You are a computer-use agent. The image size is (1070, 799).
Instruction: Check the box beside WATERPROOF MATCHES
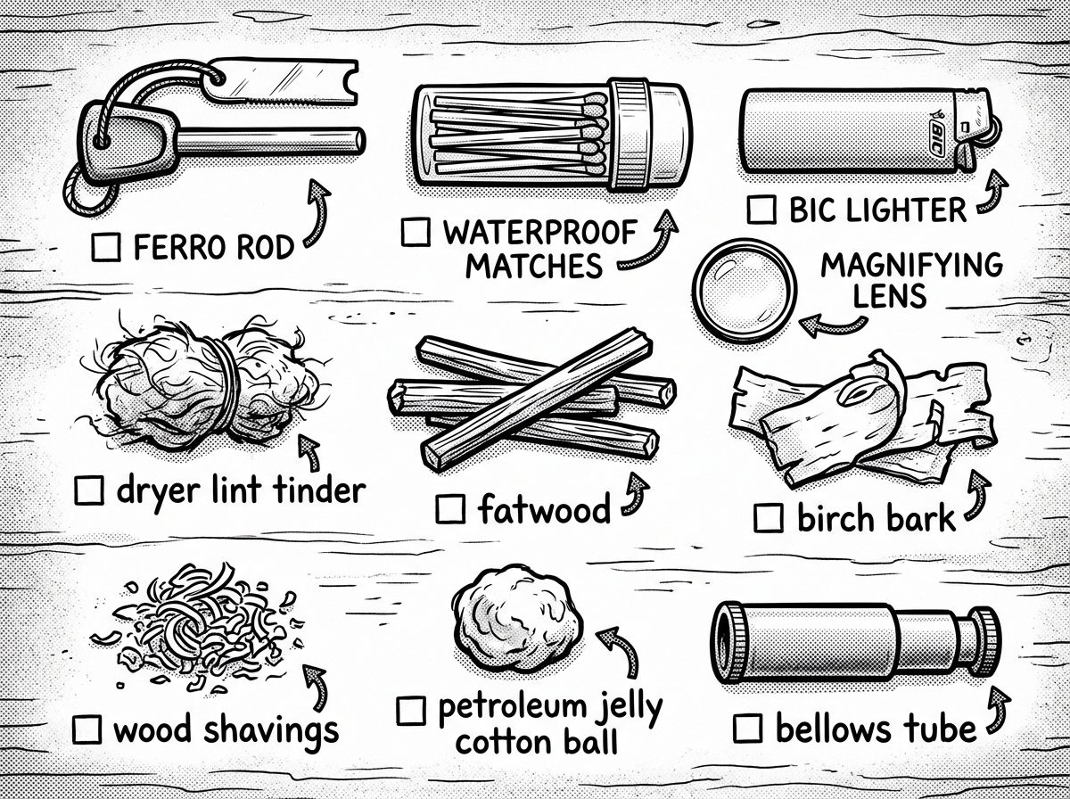coord(416,233)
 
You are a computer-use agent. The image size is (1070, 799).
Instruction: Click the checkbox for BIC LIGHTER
coord(761,210)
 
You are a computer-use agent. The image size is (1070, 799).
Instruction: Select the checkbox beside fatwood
coord(451,510)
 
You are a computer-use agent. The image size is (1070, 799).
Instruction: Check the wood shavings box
coord(87,729)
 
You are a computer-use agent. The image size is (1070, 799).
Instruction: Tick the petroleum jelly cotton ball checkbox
coord(411,711)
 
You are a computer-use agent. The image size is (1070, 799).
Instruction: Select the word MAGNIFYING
coord(909,266)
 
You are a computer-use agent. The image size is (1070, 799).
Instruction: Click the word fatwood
coord(544,510)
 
